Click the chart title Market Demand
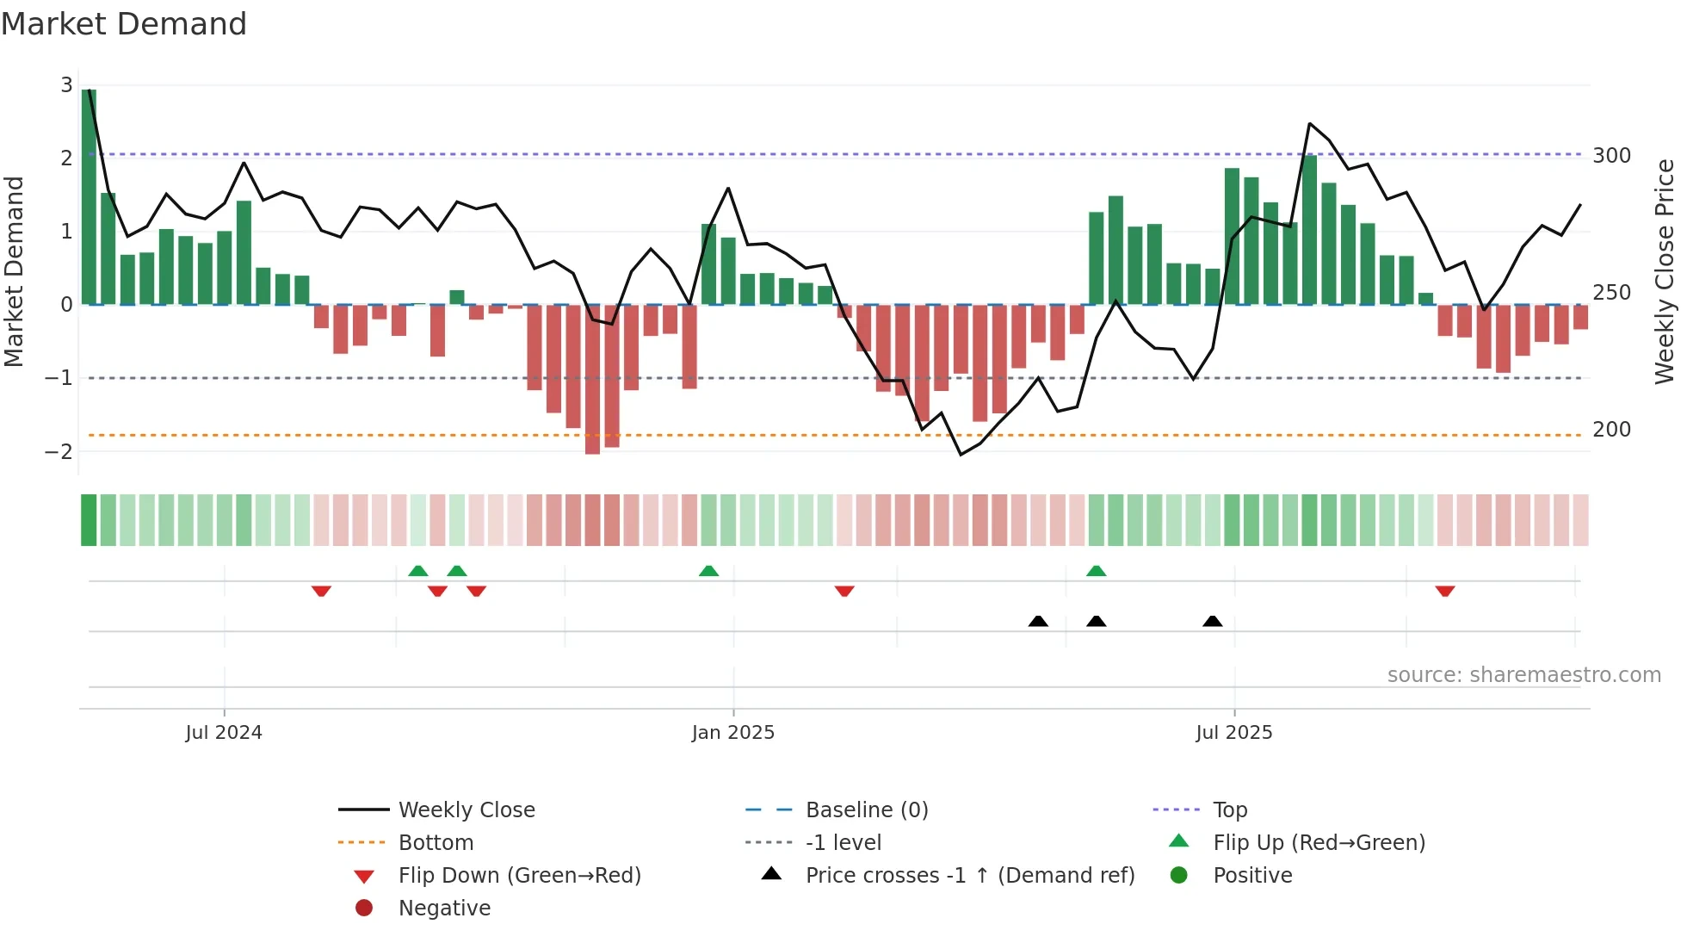point(124,24)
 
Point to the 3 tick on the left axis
point(66,84)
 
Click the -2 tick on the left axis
point(59,451)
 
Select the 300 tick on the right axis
point(1611,156)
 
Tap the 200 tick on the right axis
point(1611,430)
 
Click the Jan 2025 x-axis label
point(732,733)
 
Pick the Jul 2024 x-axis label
point(224,733)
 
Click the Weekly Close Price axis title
point(1665,271)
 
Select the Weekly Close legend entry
point(466,810)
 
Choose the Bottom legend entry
point(436,843)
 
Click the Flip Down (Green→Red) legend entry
point(519,876)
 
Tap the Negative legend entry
point(444,909)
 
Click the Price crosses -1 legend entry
point(969,876)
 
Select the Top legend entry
point(1229,810)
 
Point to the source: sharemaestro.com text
point(1523,675)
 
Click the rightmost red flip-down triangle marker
point(1445,591)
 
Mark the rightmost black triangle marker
point(1212,621)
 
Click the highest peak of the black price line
point(1309,124)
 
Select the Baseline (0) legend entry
point(866,810)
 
